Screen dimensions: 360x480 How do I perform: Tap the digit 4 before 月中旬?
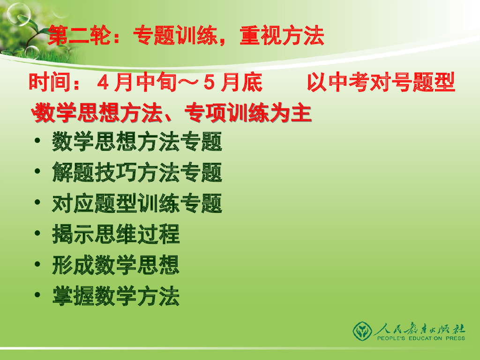coord(103,83)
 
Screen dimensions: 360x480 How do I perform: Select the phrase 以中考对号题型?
coord(381,83)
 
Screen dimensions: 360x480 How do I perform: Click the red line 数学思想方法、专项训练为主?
coord(172,113)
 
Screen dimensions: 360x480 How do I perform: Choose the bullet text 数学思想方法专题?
coord(137,142)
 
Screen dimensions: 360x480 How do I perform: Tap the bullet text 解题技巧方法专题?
coord(137,173)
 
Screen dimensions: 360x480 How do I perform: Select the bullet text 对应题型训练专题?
coord(137,204)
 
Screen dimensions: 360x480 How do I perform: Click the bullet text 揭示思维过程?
coord(116,235)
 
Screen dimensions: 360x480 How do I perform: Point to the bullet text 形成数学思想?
coord(116,266)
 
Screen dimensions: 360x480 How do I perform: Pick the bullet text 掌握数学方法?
coord(116,297)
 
